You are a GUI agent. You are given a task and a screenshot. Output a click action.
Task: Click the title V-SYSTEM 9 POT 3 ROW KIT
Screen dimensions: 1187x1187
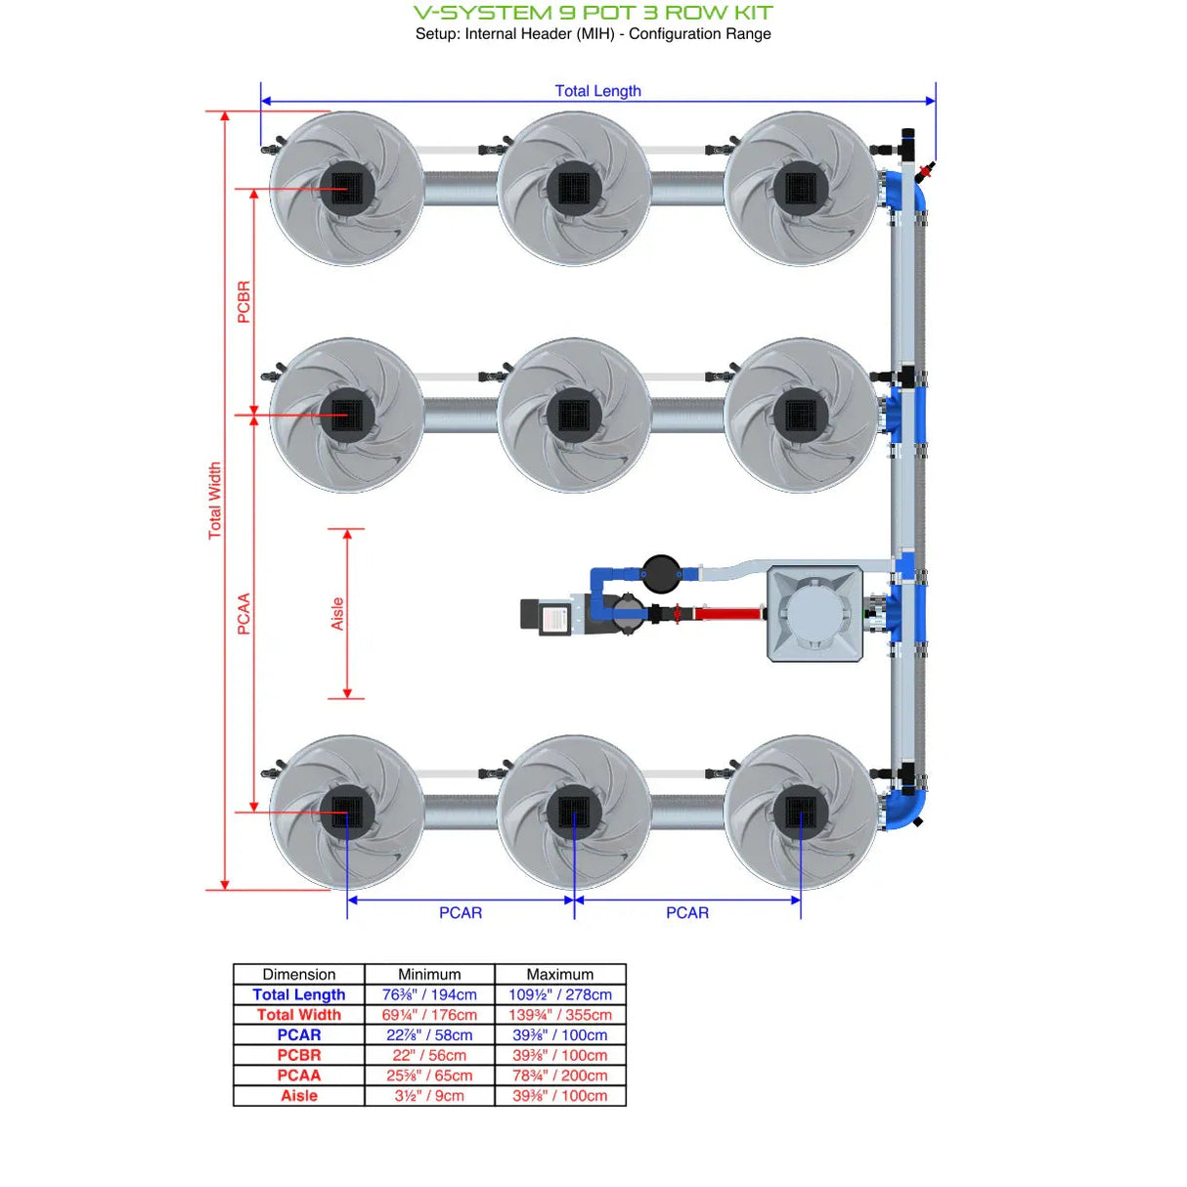tap(593, 13)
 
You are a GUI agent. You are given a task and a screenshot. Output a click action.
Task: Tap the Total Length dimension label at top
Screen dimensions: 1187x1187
tap(597, 91)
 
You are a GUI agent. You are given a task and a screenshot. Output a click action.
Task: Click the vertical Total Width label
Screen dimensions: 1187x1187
tap(215, 501)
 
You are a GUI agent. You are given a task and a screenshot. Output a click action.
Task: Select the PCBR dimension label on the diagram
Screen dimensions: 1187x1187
tap(243, 302)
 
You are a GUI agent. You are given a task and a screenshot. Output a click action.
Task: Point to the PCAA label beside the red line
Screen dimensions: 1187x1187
tap(243, 614)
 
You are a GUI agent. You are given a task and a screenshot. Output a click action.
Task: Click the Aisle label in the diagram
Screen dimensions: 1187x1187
tap(337, 614)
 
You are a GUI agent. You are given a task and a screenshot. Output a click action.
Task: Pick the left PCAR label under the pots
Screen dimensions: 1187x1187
tap(460, 912)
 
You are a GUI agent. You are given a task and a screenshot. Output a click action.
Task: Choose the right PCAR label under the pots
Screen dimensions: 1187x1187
tap(687, 912)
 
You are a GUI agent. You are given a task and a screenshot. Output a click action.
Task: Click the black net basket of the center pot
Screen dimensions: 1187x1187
tap(574, 415)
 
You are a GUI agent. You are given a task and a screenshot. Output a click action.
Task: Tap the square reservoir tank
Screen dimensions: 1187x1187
tap(815, 614)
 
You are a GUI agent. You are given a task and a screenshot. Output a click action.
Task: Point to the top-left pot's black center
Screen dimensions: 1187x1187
tap(347, 188)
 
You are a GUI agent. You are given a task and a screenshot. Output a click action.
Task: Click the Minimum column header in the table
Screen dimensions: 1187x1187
tap(429, 974)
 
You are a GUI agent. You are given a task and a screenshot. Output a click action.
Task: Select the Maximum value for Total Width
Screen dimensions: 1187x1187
tap(559, 1015)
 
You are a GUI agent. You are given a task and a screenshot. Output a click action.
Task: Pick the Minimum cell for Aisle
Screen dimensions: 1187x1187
tap(429, 1096)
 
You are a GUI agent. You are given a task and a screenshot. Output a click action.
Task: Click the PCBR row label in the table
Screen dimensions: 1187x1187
tap(298, 1055)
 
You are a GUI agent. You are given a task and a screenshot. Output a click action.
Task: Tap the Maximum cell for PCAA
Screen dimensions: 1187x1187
tap(559, 1076)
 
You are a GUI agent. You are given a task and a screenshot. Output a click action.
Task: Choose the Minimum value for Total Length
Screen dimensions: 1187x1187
tap(429, 994)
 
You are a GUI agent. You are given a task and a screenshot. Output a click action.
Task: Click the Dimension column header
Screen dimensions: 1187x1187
tap(298, 974)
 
